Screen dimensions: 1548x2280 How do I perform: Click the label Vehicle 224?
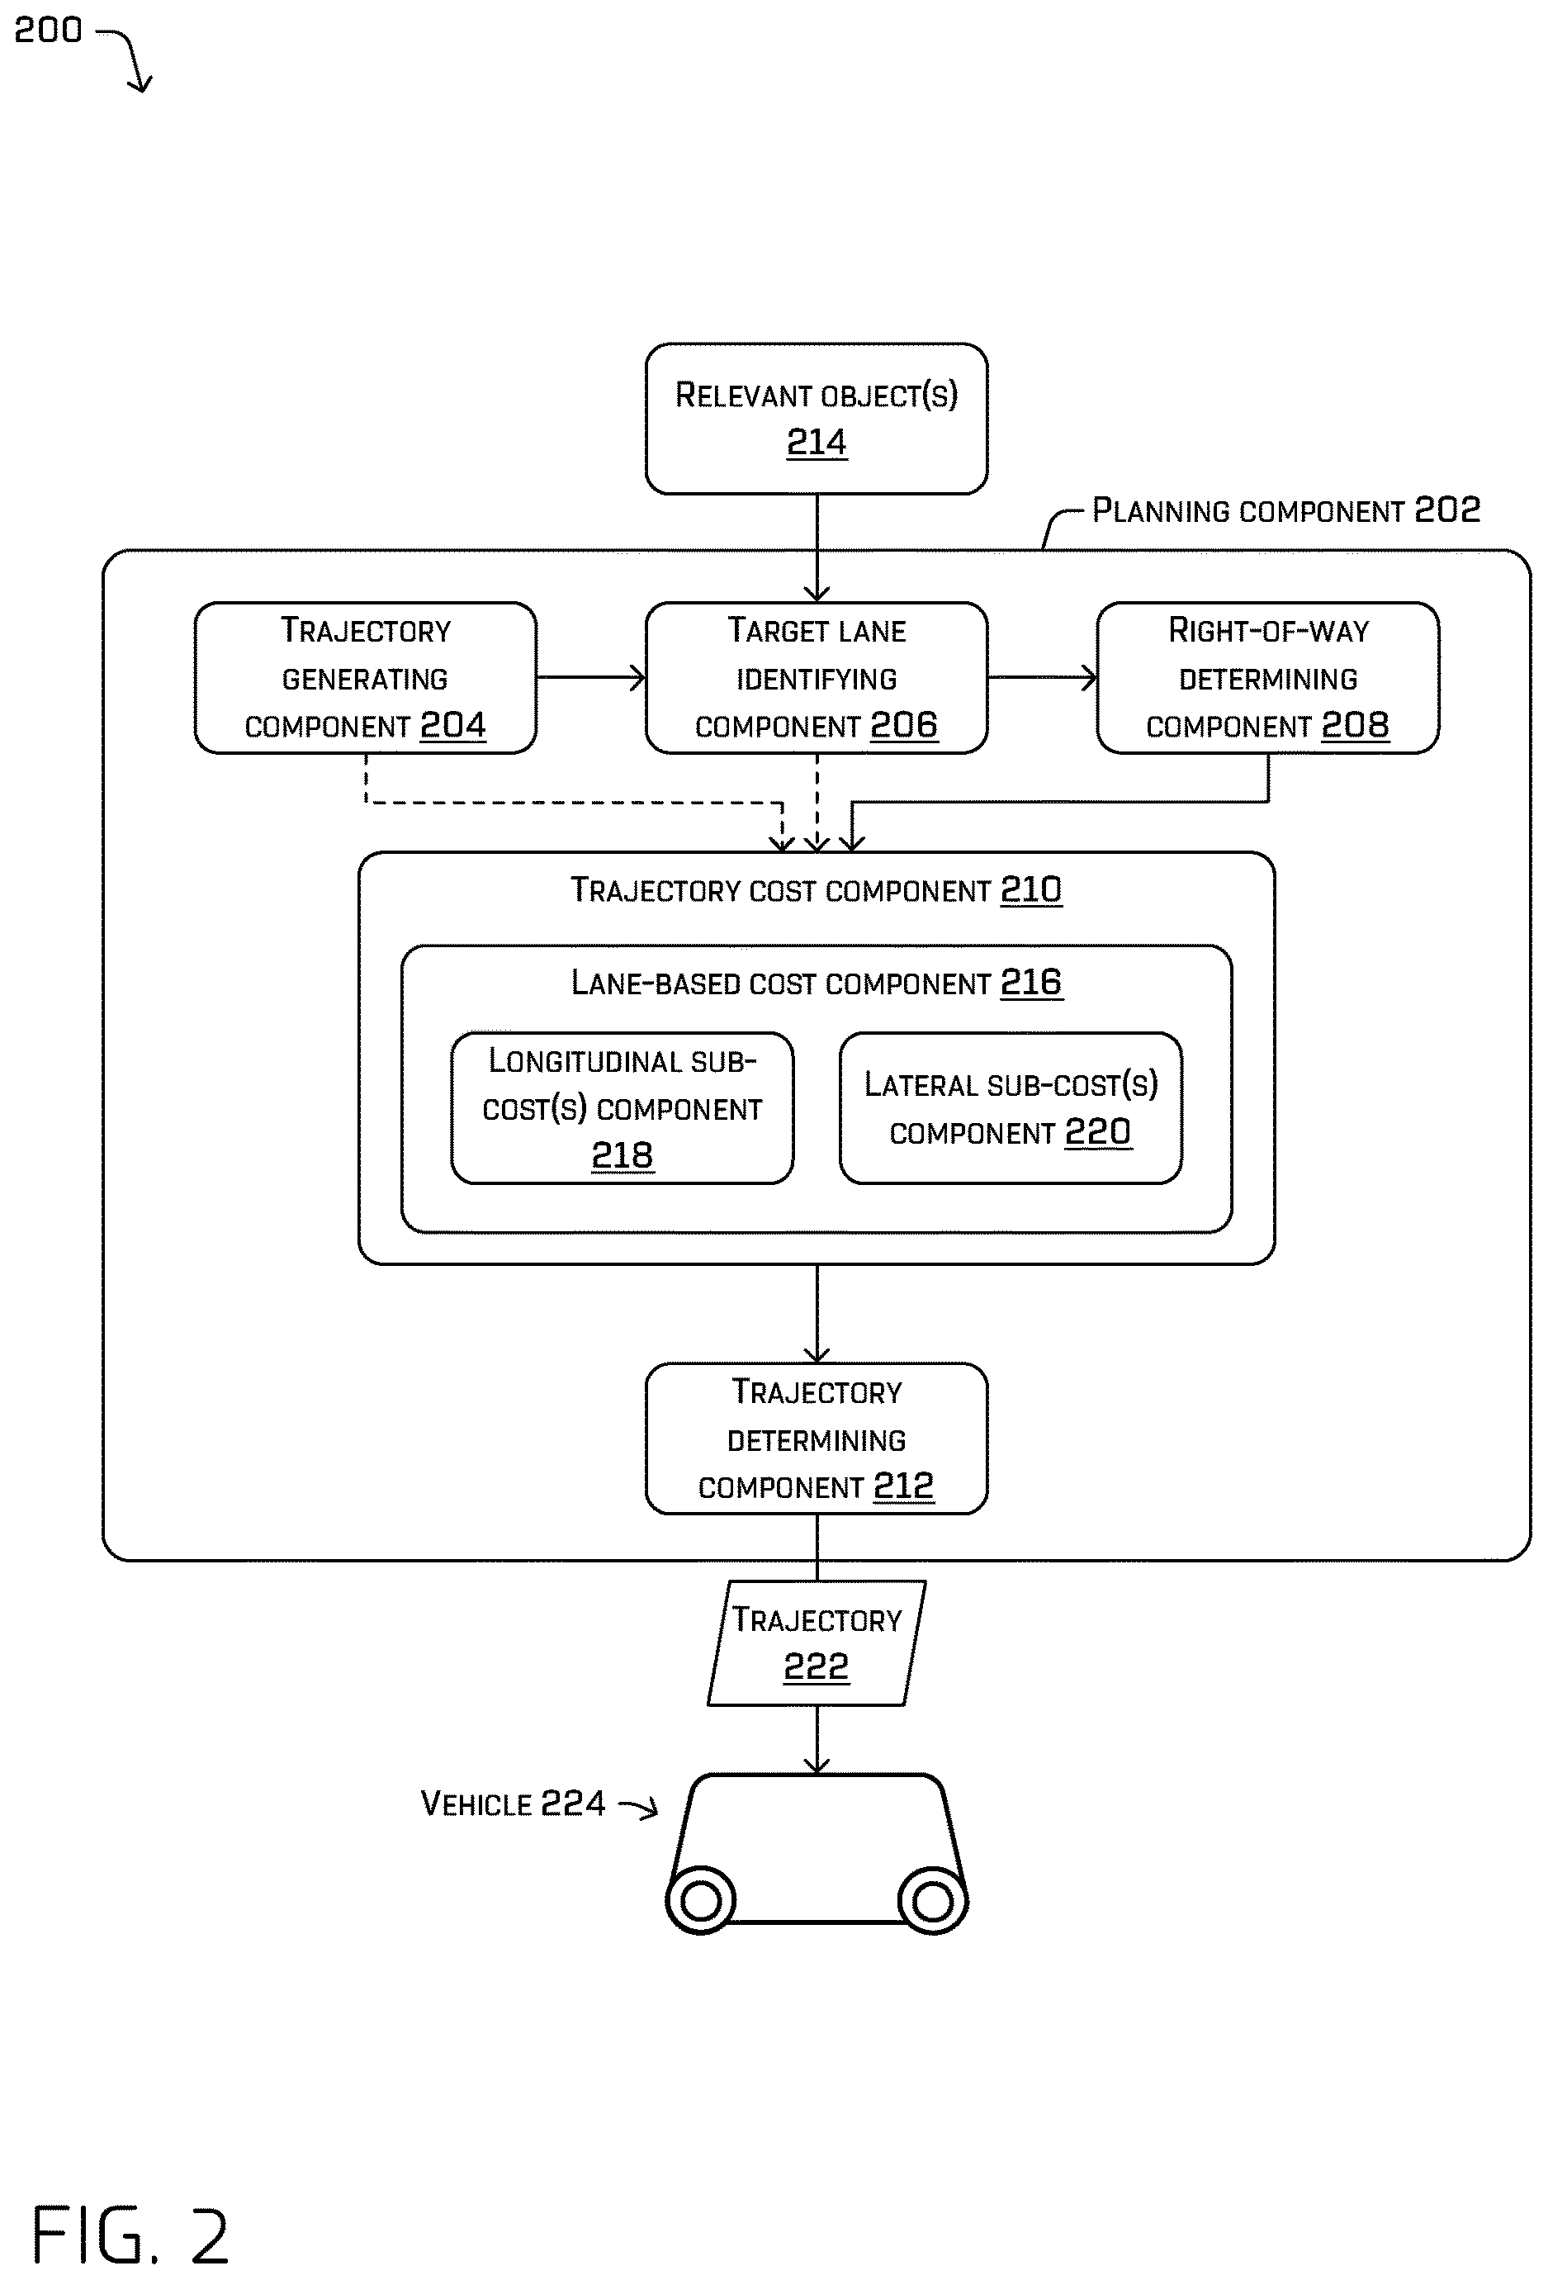coord(513,1804)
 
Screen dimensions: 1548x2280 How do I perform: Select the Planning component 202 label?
coord(1286,510)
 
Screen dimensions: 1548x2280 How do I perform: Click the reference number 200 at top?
coord(48,31)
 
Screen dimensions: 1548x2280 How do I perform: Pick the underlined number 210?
coord(1031,890)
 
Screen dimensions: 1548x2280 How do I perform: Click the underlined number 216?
coord(1031,982)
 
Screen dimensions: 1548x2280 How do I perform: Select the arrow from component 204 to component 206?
coord(590,677)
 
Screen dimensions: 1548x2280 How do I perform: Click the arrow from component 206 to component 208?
coord(1042,677)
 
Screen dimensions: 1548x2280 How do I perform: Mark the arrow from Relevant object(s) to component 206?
coord(817,547)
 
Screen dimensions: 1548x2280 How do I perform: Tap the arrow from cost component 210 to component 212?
coord(817,1314)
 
